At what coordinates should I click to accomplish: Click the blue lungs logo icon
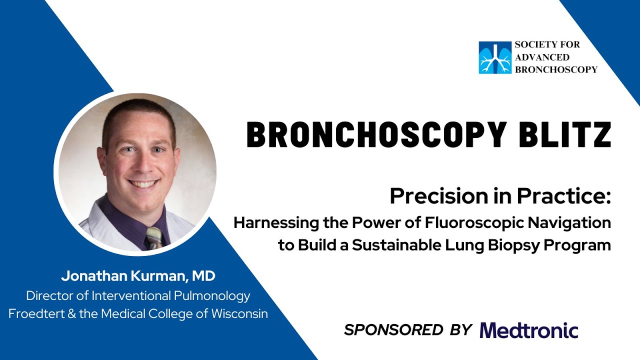pyautogui.click(x=495, y=57)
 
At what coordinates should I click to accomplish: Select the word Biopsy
pyautogui.click(x=518, y=245)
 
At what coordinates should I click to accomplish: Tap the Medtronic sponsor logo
pyautogui.click(x=529, y=330)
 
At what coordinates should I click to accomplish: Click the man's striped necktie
pyautogui.click(x=154, y=237)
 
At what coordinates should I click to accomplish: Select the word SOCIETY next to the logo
pyautogui.click(x=533, y=44)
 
